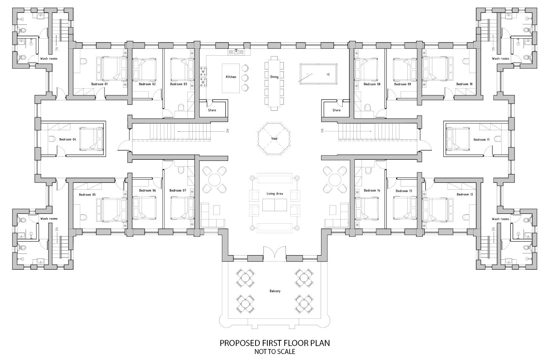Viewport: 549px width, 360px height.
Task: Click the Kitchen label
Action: (x=231, y=77)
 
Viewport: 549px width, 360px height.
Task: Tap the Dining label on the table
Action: (x=274, y=77)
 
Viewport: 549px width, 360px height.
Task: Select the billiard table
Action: (x=315, y=73)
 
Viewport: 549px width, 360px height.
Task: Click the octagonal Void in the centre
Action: (x=274, y=139)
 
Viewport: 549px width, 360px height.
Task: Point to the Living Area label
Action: (x=274, y=194)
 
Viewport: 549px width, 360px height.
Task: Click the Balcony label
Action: (x=275, y=291)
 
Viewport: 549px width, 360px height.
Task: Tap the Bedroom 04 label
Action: (x=67, y=139)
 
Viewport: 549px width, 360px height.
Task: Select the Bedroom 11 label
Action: (x=481, y=140)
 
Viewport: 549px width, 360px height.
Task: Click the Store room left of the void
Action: (x=212, y=110)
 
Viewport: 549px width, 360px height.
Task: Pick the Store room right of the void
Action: (x=336, y=110)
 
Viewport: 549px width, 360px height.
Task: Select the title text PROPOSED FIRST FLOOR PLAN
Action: (x=274, y=343)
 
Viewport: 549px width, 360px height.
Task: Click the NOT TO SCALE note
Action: (x=274, y=352)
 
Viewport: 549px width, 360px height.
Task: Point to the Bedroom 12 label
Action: (x=465, y=195)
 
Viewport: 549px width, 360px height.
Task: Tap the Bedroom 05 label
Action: (x=87, y=195)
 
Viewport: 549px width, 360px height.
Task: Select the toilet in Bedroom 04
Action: (x=52, y=139)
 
